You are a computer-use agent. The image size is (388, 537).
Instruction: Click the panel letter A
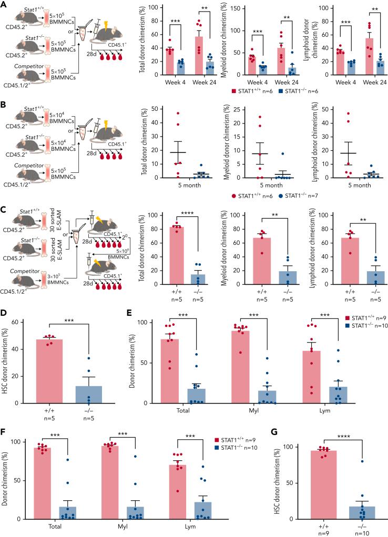click(x=5, y=5)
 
